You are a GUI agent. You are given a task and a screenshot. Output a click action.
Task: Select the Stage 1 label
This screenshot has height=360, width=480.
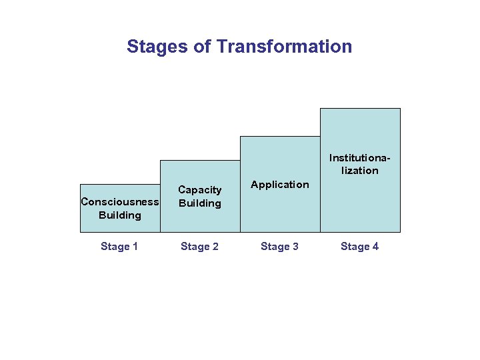119,247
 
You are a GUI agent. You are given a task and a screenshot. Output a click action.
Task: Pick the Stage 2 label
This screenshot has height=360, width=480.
199,247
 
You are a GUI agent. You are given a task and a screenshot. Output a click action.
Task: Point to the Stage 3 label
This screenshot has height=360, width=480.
279,247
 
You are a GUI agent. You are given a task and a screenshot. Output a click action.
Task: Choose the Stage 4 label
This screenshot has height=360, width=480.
359,247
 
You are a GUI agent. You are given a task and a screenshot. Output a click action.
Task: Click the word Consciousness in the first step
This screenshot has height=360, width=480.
120,202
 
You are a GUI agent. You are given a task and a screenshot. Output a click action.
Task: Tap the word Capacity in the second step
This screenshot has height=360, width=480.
200,190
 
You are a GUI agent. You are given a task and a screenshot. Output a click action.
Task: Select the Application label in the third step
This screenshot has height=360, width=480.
280,185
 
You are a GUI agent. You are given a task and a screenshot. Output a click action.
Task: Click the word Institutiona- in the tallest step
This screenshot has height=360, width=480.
360,158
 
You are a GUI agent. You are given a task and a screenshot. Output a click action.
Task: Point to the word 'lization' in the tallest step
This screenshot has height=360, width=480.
360,171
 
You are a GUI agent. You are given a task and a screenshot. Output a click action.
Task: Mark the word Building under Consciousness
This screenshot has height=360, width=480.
120,215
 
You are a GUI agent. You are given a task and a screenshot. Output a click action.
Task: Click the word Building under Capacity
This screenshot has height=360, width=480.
200,203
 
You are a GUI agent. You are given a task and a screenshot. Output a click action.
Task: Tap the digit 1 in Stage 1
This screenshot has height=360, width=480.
135,247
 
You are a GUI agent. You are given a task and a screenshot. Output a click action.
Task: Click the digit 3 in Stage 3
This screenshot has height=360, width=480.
295,247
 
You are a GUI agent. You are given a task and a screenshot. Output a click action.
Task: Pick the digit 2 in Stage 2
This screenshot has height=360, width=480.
215,247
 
